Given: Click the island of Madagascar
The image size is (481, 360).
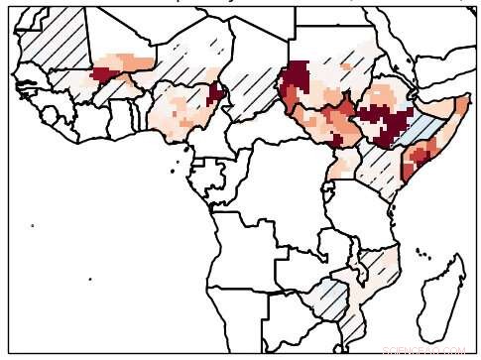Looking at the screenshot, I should point(442,298).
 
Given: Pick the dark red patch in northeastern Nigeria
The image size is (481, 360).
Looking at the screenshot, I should point(214,93).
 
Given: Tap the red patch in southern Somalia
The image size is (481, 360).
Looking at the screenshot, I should point(417,156).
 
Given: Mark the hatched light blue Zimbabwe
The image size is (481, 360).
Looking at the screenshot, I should point(332,298).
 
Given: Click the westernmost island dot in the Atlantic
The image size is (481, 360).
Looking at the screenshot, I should point(32,225).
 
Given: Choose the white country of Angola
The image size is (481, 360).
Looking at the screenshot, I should point(243,268).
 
